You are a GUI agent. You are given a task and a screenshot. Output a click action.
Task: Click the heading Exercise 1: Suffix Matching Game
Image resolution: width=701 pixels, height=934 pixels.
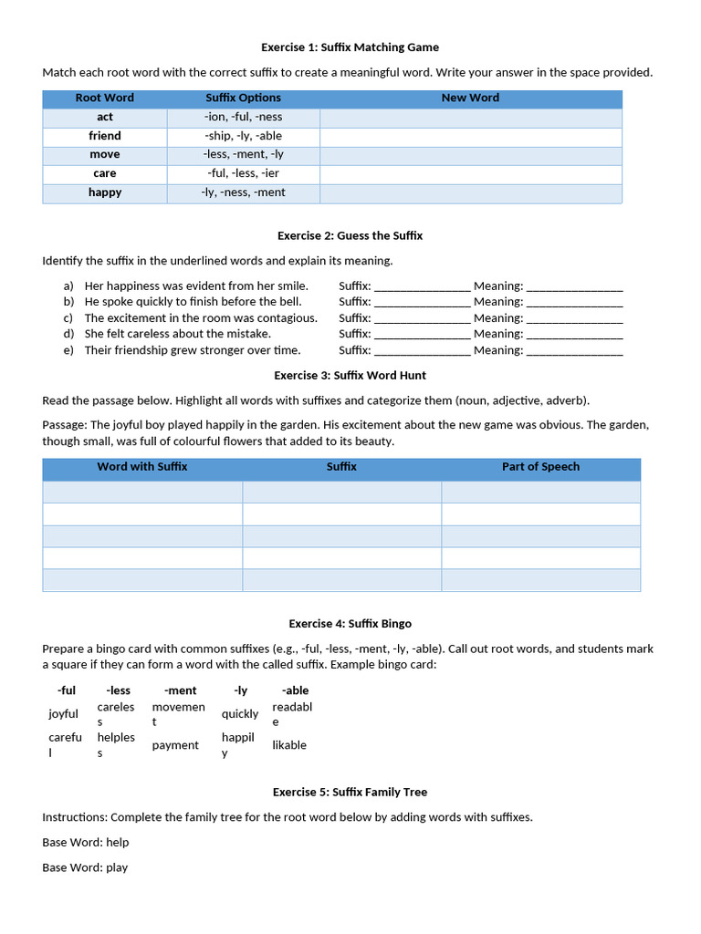(x=350, y=47)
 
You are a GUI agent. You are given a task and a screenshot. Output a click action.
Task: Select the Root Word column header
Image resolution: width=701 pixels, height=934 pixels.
(x=105, y=99)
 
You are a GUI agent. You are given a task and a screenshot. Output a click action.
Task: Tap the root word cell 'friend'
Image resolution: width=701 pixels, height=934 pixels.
(x=105, y=136)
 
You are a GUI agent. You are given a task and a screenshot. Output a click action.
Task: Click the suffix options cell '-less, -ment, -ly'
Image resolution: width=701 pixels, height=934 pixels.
(x=243, y=155)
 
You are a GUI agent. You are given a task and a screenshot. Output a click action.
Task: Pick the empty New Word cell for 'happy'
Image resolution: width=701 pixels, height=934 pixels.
(x=470, y=193)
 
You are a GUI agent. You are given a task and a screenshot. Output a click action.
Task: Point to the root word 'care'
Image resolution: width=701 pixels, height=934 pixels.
(x=105, y=173)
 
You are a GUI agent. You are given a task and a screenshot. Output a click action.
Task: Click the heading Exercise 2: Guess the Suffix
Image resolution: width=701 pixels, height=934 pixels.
(x=350, y=236)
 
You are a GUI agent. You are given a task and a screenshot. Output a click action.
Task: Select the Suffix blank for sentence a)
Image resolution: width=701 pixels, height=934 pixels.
(x=422, y=286)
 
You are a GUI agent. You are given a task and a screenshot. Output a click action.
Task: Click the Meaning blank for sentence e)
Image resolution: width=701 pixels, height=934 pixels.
(x=575, y=350)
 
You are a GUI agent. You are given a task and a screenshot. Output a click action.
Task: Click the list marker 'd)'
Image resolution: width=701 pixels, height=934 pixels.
(x=68, y=334)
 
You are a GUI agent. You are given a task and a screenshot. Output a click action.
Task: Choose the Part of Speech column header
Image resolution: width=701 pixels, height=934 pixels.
(x=540, y=467)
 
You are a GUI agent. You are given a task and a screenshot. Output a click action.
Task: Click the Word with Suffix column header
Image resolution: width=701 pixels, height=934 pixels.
(x=142, y=467)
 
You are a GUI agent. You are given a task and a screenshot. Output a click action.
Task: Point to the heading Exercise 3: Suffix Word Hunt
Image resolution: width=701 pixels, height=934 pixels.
(x=350, y=376)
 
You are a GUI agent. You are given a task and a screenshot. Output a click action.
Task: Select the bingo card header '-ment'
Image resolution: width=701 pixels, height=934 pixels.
(x=180, y=691)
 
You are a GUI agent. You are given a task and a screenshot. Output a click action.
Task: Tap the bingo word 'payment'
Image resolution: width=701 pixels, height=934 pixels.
(x=175, y=745)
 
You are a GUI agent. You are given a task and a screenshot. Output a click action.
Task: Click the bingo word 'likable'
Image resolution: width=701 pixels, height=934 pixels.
(x=289, y=745)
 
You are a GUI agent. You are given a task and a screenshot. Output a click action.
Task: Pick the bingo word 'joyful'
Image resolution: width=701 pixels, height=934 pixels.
(x=64, y=714)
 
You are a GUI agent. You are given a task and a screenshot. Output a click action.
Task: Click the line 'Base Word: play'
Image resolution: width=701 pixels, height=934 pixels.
(x=85, y=867)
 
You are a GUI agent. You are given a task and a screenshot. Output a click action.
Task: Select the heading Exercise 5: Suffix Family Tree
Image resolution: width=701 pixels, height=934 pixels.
(x=350, y=793)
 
